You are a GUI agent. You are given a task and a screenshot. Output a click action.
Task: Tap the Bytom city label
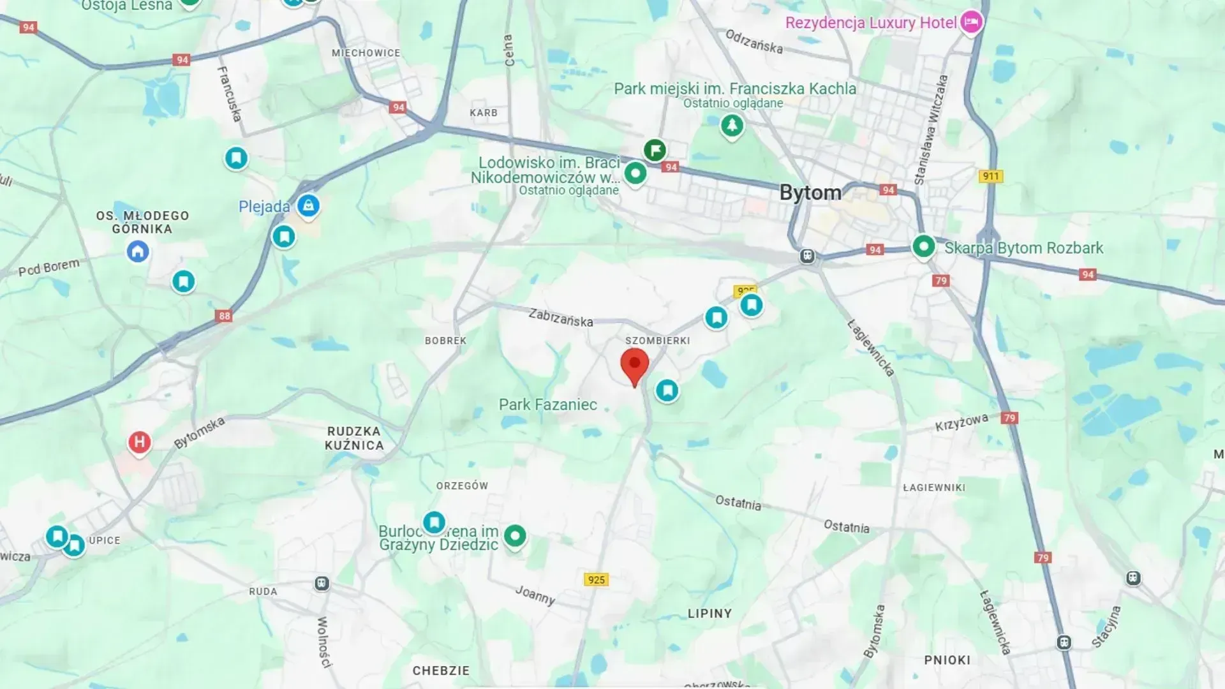[810, 193]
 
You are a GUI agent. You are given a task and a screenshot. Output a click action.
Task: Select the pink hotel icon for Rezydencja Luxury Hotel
[971, 22]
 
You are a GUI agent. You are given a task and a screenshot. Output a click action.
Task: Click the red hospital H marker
[139, 442]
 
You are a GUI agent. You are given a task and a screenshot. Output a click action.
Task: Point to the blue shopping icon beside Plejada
[308, 205]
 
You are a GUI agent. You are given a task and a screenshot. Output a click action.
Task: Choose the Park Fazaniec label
[547, 404]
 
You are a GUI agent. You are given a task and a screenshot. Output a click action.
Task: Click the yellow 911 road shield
[990, 176]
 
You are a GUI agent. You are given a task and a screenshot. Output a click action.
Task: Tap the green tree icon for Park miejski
[732, 125]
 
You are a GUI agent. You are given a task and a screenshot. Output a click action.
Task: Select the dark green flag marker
[655, 151]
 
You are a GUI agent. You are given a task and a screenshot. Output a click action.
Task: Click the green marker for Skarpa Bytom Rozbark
[923, 246]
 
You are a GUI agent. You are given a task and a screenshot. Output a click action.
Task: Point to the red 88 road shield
[224, 316]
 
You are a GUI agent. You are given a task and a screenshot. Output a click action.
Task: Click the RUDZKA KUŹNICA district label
[354, 438]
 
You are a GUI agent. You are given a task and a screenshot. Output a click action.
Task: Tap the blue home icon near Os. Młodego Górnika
[138, 251]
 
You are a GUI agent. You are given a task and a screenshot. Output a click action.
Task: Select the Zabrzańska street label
[561, 317]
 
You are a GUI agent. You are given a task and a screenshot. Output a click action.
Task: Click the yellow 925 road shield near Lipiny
[597, 579]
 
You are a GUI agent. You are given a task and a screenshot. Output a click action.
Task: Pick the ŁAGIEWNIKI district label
[934, 487]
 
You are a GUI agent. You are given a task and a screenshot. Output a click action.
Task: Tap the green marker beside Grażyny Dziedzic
[515, 535]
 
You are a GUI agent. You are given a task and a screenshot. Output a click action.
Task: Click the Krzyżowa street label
[961, 422]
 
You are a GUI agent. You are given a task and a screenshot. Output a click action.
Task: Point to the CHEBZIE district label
[441, 670]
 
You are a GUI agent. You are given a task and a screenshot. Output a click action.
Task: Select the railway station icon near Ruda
[322, 583]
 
